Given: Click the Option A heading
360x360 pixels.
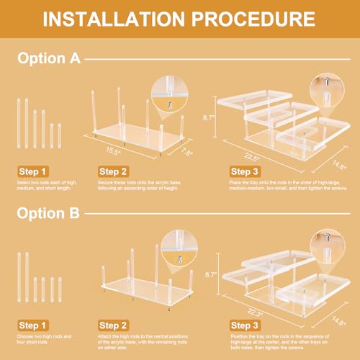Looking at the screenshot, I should pyautogui.click(x=49, y=59).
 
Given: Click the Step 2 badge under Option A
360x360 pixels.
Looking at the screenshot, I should pyautogui.click(x=115, y=171).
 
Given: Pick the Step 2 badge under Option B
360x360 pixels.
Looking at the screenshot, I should pyautogui.click(x=115, y=325).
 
